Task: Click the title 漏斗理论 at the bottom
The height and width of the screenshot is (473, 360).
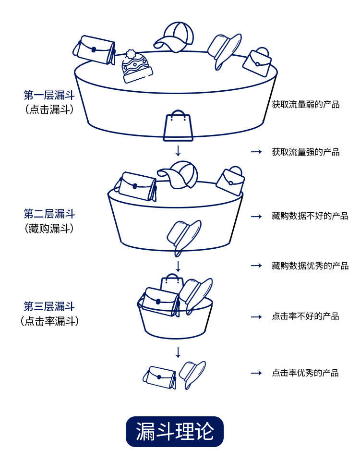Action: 175,431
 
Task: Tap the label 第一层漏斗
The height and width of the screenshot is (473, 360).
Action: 49,95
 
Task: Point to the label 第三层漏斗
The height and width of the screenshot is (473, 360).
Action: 49,306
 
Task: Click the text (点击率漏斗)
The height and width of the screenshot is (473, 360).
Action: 49,321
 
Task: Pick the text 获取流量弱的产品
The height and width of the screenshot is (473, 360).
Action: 306,104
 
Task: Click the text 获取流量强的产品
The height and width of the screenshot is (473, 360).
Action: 306,152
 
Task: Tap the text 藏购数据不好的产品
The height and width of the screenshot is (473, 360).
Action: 310,216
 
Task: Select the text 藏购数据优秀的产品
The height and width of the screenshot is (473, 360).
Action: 310,266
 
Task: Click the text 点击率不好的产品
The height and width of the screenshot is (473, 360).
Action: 306,316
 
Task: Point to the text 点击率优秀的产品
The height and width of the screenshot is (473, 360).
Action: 306,373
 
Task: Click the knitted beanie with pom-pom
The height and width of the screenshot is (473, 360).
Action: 136,66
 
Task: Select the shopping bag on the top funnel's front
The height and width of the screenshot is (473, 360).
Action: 178,126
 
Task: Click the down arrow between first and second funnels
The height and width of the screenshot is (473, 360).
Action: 178,150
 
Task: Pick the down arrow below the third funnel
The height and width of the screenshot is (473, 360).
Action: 178,352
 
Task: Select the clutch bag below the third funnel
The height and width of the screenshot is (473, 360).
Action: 160,376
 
